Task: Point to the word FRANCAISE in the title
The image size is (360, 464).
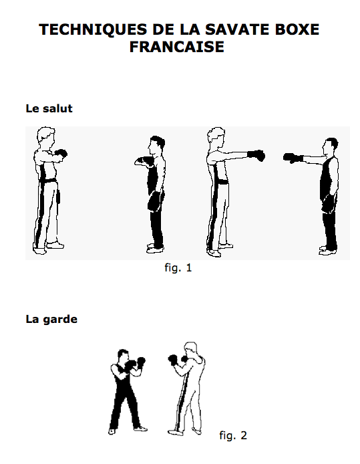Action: pos(179,48)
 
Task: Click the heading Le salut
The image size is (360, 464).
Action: pos(49,108)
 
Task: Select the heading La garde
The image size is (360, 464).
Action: pos(51,320)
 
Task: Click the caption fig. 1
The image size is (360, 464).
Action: pos(178,268)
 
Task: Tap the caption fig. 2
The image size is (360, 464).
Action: pos(233,435)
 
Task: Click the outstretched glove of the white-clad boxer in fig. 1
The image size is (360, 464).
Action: pos(256,156)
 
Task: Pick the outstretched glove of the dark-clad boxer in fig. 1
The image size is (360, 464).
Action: pos(291,158)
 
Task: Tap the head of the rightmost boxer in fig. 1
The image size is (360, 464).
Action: pos(330,146)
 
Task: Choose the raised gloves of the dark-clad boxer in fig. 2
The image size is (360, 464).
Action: pos(137,363)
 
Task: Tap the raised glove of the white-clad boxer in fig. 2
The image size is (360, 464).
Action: pos(175,359)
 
